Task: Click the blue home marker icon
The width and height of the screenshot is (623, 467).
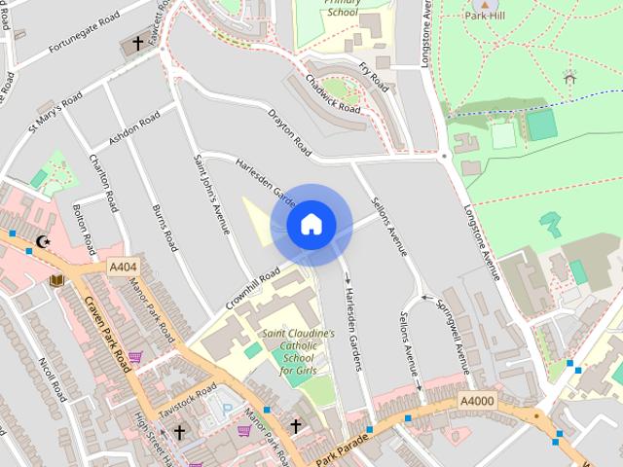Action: coord(311,225)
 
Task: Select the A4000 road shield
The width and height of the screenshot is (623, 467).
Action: coord(477,401)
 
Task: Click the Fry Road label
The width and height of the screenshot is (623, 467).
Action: coord(374,75)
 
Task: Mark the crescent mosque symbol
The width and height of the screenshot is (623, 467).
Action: coord(41,240)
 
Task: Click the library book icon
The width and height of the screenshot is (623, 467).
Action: coord(55,280)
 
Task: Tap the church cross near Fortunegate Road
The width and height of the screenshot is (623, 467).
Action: coord(137,44)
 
